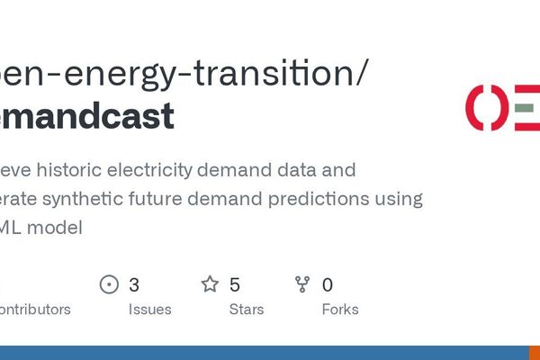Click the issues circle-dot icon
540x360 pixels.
coord(109,285)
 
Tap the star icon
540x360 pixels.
coord(210,285)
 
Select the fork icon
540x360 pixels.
coord(302,285)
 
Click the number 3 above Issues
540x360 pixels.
coord(134,285)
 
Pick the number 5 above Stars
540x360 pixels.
coord(235,285)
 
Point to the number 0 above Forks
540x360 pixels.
coord(328,285)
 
